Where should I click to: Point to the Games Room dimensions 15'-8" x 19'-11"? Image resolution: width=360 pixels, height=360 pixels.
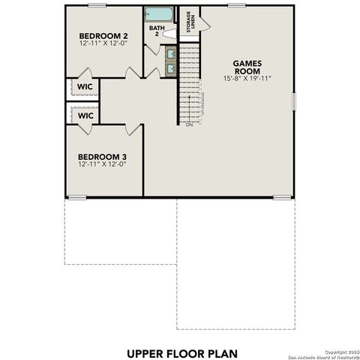coord(246,79)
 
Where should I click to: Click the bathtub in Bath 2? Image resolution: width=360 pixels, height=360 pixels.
coord(159,13)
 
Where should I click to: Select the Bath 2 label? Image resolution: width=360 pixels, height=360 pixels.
coord(155,31)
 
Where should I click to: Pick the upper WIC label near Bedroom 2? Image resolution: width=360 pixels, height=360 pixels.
coord(85,87)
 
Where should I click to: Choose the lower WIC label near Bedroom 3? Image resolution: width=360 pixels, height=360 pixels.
coord(85,116)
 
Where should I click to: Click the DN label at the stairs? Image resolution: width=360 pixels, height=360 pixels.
coord(189,126)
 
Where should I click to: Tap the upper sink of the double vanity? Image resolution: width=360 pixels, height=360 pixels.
coord(170,53)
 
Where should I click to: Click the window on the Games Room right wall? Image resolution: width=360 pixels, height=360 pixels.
coord(294,100)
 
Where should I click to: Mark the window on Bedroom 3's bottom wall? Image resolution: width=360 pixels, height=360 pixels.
coord(78,198)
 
